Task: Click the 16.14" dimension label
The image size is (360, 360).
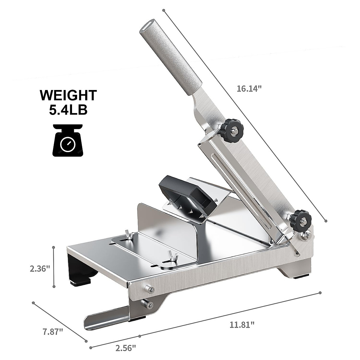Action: tap(249, 89)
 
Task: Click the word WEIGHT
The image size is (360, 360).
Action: tap(69, 95)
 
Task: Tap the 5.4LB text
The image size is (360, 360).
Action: tap(69, 110)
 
